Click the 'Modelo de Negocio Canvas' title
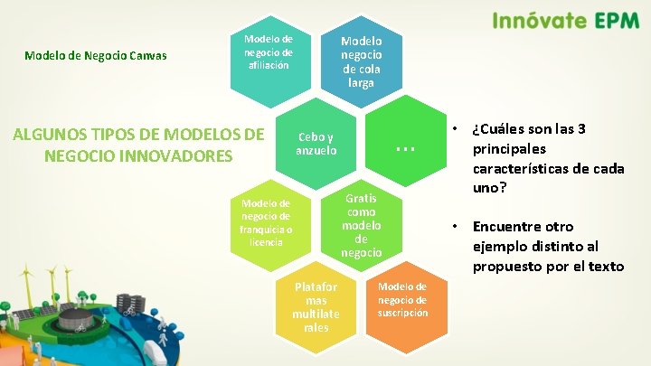(95, 55)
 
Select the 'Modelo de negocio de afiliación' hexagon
(269, 54)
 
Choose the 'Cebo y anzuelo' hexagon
(316, 143)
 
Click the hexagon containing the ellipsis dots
(404, 143)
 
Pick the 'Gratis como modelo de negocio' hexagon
(361, 225)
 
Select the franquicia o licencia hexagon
(268, 224)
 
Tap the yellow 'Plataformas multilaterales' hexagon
(316, 307)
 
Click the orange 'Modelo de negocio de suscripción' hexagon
(402, 301)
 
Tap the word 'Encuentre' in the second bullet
(509, 226)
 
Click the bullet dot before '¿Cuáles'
(457, 127)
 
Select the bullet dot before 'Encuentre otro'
(457, 226)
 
